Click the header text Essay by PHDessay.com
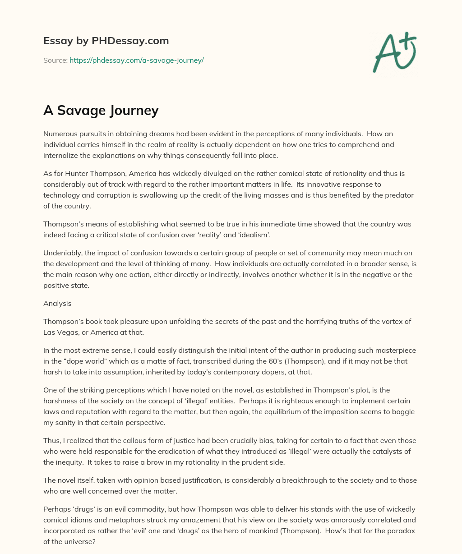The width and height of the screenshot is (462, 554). click(x=106, y=41)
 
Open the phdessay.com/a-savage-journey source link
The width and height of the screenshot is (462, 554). click(x=136, y=60)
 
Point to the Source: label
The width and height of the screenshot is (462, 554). click(x=55, y=60)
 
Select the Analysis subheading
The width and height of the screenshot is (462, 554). click(x=57, y=304)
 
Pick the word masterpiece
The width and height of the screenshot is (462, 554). click(x=395, y=351)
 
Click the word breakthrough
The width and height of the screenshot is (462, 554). click(x=298, y=480)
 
